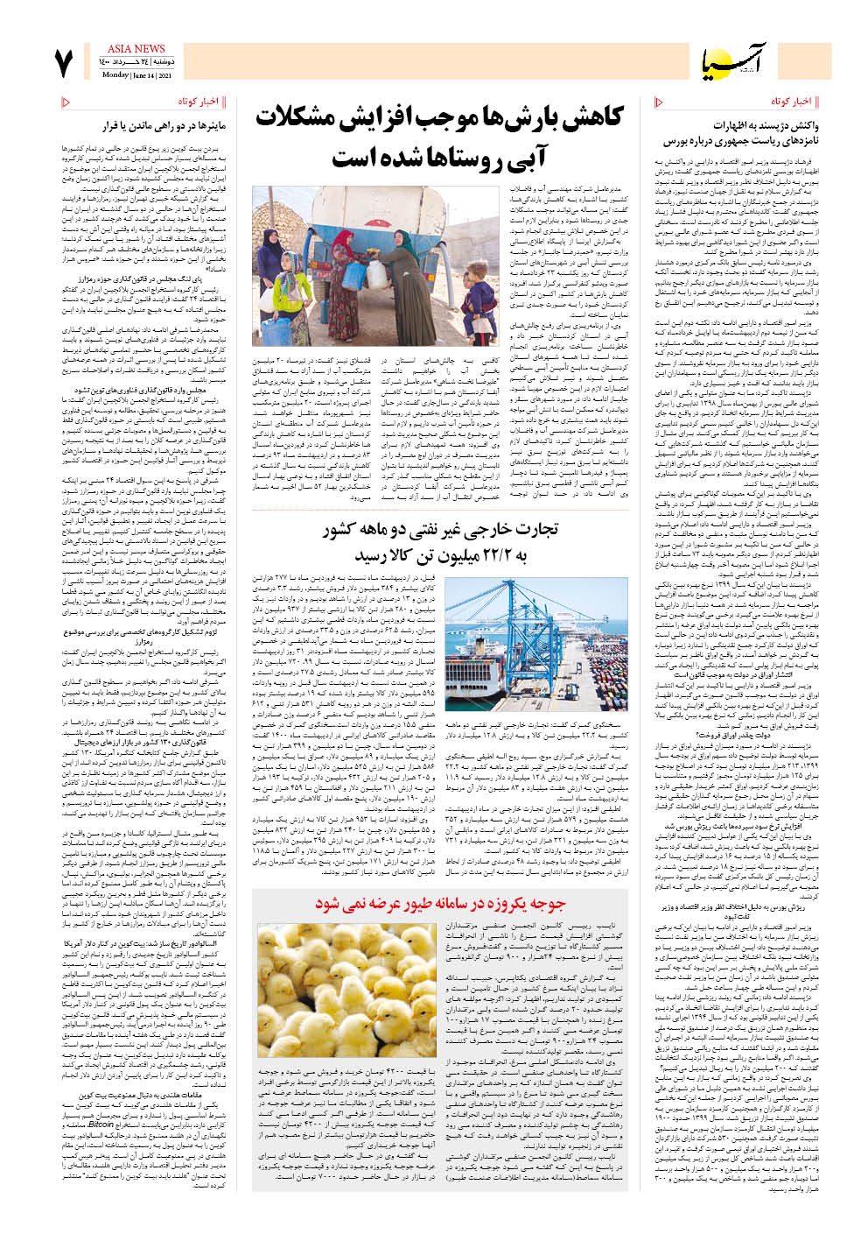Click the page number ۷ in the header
point(65,64)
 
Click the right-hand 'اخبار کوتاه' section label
point(791,102)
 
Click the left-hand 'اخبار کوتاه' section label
point(198,102)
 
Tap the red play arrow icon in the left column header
point(66,102)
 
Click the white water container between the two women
point(376,274)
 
